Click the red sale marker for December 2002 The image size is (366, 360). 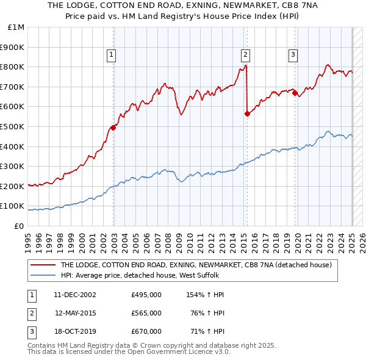pos(113,128)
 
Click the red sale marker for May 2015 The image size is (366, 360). pos(247,113)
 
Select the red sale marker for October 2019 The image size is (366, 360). pos(295,93)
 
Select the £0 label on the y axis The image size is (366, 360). pos(19,226)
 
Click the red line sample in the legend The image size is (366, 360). pos(43,265)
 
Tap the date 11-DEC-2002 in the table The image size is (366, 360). pos(74,295)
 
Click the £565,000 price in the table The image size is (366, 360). pos(146,313)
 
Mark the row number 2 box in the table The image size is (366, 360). pos(30,313)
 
